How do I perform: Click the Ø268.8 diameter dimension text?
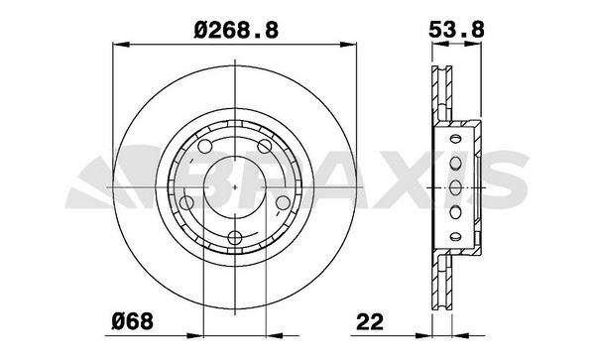pos(236,30)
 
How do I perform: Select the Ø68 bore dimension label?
pos(133,321)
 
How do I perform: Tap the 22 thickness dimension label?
pos(370,322)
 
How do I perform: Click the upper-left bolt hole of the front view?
pos(205,147)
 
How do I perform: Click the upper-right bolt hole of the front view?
pos(265,146)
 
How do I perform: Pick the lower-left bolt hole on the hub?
pos(186,202)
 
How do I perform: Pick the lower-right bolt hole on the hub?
pos(283,202)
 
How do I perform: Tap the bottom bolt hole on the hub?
pos(235,238)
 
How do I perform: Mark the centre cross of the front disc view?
pos(235,187)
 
